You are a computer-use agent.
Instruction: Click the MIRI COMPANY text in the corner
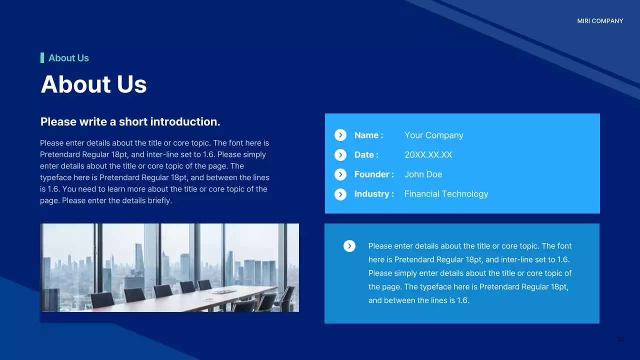coord(600,21)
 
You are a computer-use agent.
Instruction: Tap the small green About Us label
coord(68,58)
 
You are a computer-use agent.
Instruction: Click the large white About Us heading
coord(93,84)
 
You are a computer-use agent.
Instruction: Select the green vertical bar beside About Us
coord(42,58)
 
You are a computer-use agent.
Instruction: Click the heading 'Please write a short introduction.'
coord(130,122)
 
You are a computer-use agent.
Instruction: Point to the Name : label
coord(368,135)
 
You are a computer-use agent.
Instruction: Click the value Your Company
coord(433,135)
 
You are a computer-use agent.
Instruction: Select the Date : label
coord(366,155)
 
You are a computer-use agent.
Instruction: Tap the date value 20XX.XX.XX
coord(428,155)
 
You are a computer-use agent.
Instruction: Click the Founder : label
coord(373,174)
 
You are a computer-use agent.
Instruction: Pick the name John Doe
coord(423,174)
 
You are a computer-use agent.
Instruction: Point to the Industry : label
coord(373,194)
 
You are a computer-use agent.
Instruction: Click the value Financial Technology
coord(446,194)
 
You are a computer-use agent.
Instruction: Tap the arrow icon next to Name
coord(340,135)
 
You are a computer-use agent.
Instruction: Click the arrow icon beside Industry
coord(340,194)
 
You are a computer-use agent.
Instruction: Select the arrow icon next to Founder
coord(340,174)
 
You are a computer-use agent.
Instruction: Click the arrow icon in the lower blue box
coord(349,246)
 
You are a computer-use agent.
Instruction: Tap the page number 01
coord(620,340)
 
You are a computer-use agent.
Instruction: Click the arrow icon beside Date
coord(340,155)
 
